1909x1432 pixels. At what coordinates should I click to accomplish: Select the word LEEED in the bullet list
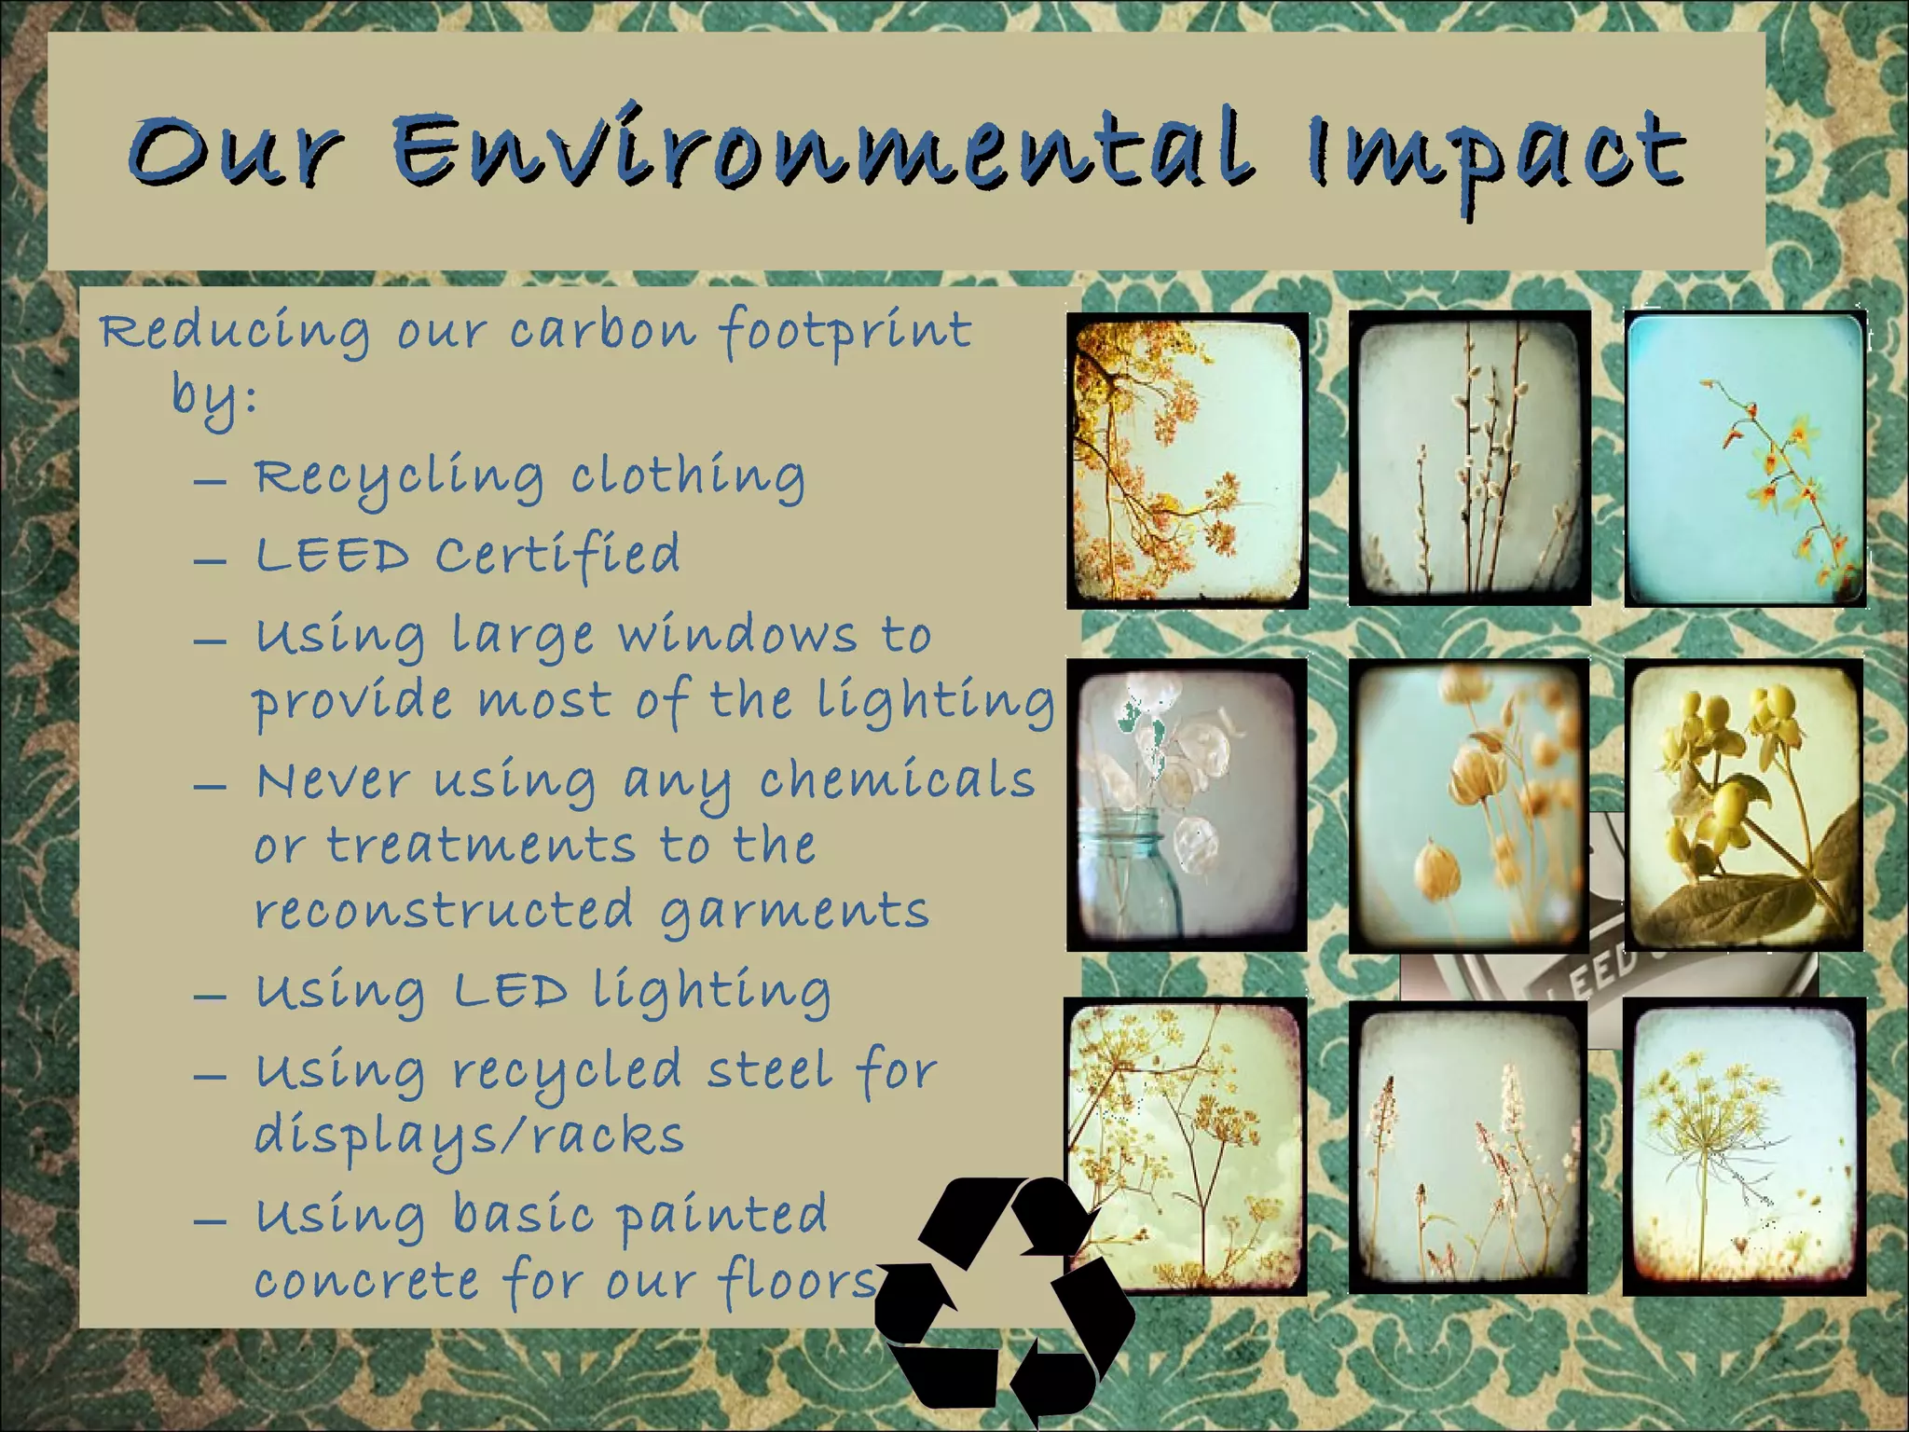[332, 557]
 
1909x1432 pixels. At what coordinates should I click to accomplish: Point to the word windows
[737, 636]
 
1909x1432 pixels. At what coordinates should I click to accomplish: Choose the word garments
[794, 912]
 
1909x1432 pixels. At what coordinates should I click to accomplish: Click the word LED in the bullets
[510, 991]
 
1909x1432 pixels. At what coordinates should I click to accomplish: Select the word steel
[770, 1070]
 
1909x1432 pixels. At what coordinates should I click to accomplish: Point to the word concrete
[366, 1281]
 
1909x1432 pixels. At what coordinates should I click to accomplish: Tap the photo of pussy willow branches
[1469, 459]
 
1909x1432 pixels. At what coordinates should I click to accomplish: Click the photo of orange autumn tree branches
[1187, 461]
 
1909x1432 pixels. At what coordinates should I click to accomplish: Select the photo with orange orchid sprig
[1745, 459]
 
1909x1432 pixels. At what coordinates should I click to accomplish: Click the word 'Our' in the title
[236, 151]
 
